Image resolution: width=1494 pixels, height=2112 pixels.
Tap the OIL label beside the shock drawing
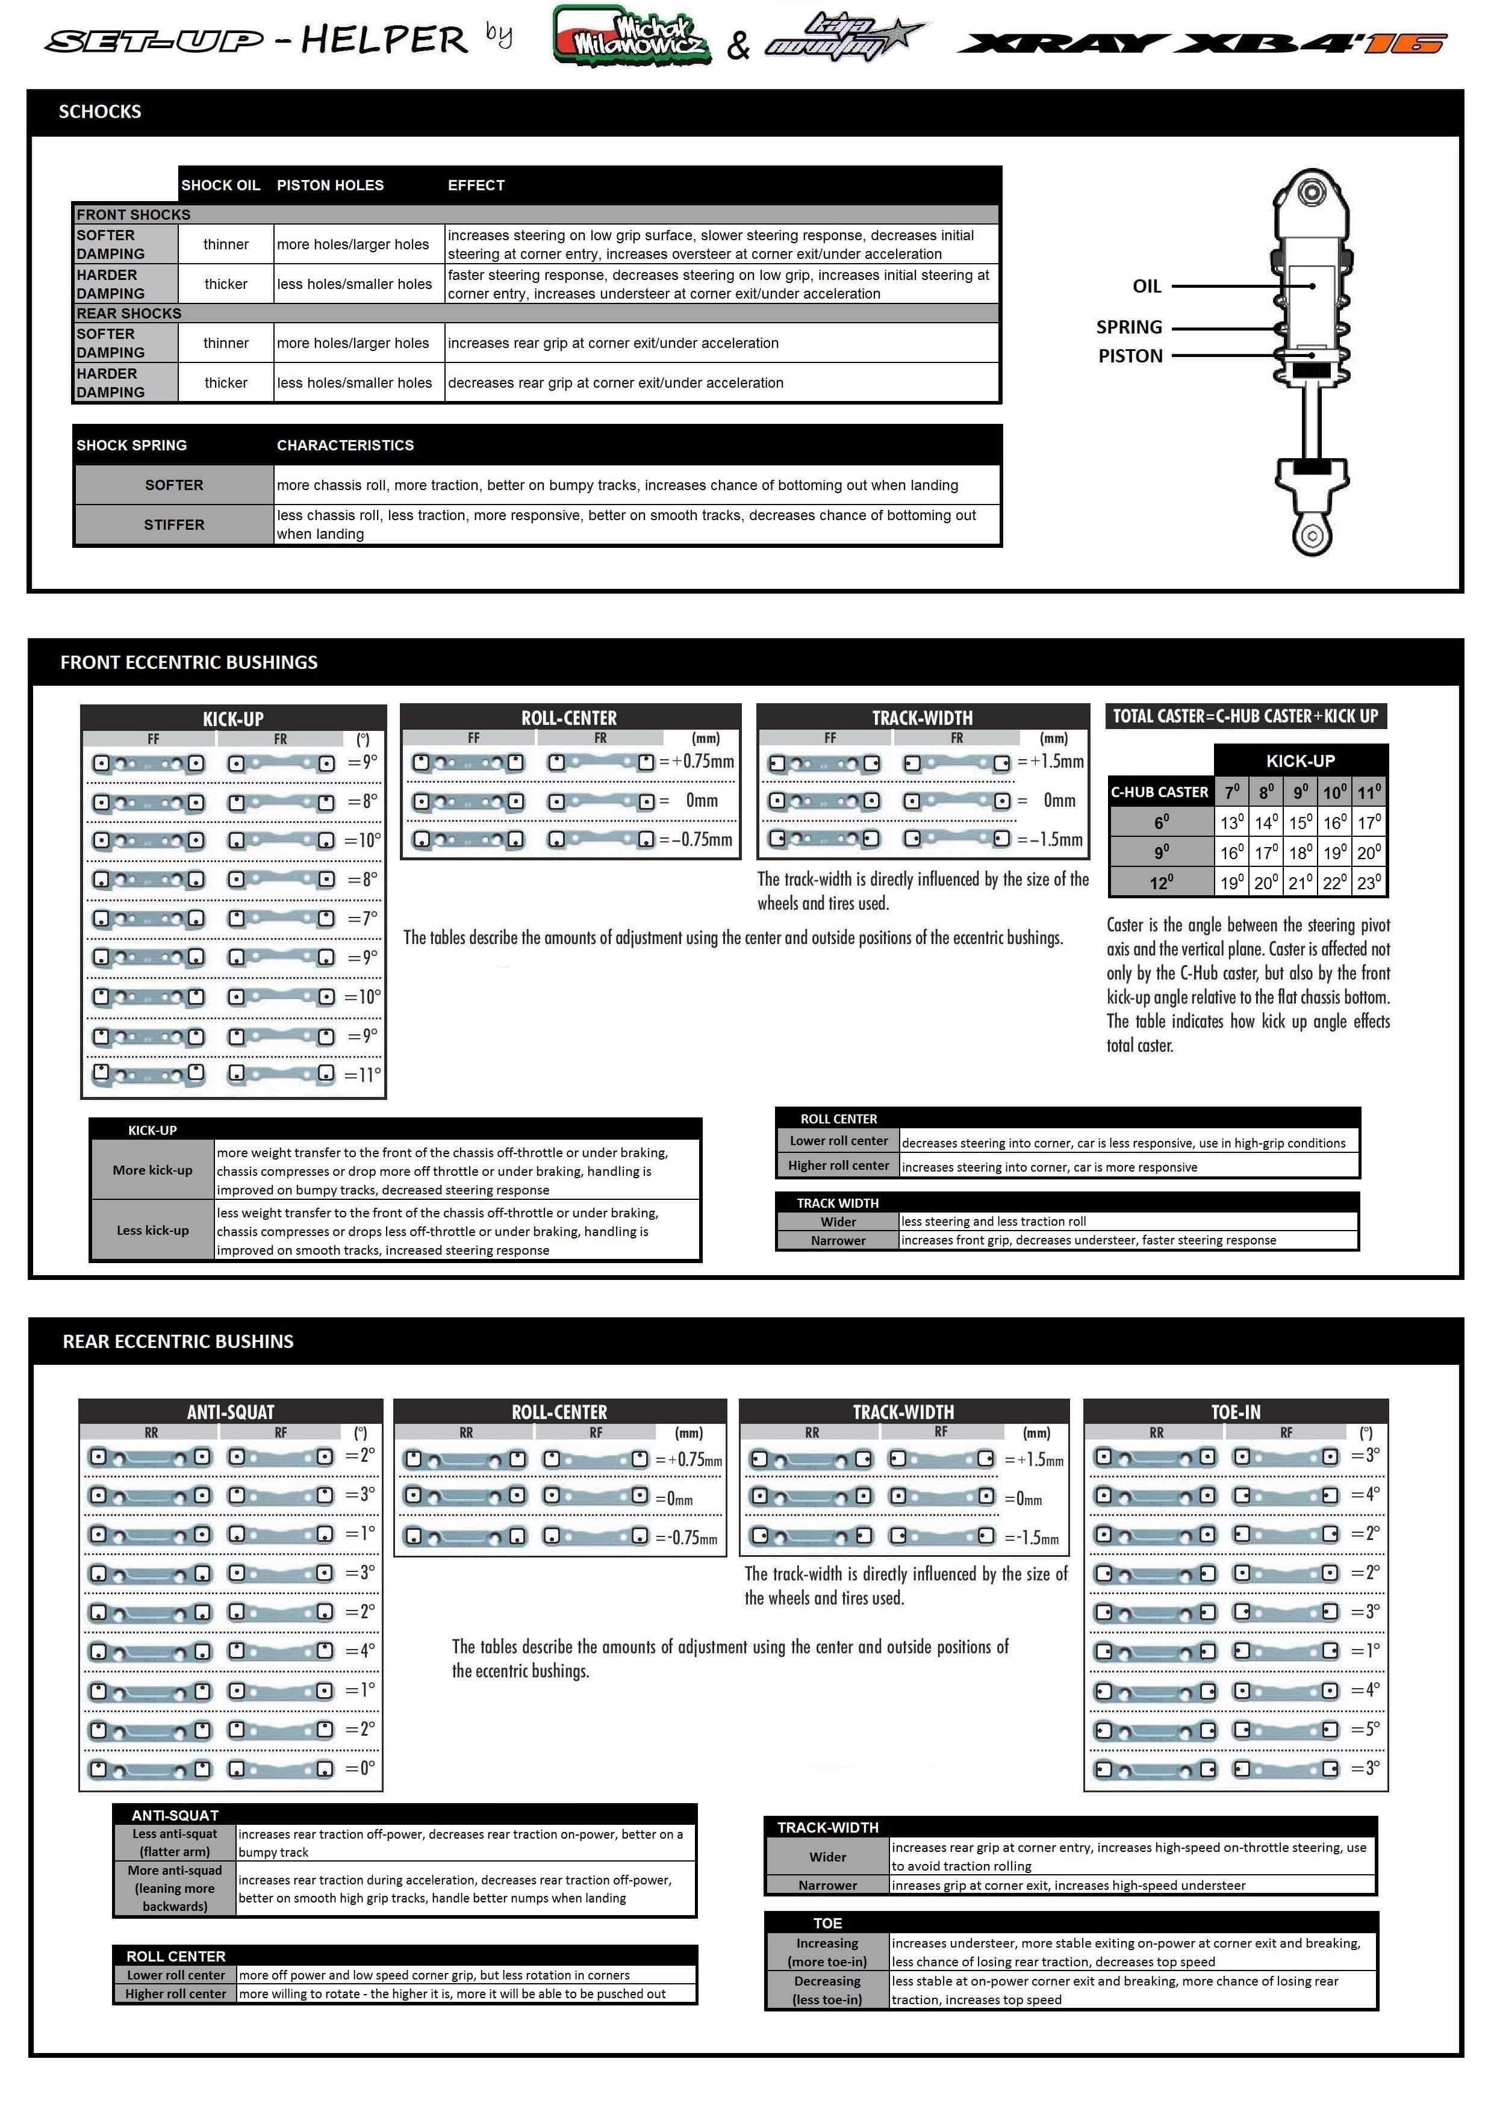(1147, 286)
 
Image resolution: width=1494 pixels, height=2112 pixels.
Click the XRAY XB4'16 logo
(1201, 42)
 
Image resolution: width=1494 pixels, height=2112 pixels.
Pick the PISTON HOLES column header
(330, 185)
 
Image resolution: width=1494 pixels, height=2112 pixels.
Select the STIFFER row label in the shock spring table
(174, 524)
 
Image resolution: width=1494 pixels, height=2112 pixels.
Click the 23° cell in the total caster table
(1369, 882)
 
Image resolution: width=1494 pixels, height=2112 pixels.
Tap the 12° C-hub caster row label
(1161, 882)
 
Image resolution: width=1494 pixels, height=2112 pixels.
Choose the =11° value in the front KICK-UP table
(363, 1075)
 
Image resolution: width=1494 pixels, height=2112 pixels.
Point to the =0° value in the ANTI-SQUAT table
(359, 1768)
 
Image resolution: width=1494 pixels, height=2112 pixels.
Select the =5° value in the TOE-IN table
(1365, 1729)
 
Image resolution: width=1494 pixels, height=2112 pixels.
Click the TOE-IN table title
(1236, 1412)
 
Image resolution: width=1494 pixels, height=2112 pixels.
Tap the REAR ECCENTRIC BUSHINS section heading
(178, 1341)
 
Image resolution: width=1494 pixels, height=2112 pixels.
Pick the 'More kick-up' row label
(153, 1170)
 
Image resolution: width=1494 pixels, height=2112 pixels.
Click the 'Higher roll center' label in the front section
(838, 1166)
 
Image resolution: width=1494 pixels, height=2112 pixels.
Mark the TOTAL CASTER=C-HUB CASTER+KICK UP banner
(1246, 716)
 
